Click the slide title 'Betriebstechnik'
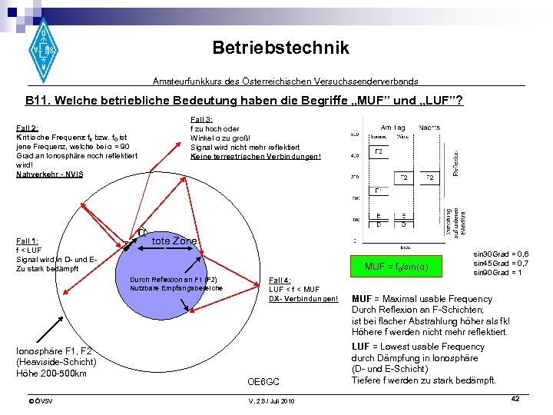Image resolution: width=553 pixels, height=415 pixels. [x=280, y=48]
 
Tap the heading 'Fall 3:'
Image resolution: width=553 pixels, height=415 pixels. [x=202, y=118]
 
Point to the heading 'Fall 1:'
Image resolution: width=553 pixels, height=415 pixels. [x=28, y=241]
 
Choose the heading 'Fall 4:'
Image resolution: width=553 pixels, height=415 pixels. [x=280, y=280]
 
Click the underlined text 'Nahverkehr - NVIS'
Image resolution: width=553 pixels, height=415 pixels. [x=49, y=174]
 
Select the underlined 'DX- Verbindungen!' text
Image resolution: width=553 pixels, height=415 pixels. [x=303, y=298]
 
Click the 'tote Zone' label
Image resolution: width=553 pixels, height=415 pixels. [x=174, y=241]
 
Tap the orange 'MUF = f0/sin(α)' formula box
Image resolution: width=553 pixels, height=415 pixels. [x=396, y=267]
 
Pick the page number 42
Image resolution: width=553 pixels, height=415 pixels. [x=515, y=398]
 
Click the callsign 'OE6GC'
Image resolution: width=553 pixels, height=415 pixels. [x=263, y=381]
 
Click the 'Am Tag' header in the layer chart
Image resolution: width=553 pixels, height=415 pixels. [x=393, y=127]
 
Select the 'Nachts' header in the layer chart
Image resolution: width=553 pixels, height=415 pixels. [x=430, y=127]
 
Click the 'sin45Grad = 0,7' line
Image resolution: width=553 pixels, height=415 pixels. [x=501, y=263]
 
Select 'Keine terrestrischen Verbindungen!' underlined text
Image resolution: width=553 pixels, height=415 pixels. [x=256, y=156]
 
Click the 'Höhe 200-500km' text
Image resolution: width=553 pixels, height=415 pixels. [x=51, y=373]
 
